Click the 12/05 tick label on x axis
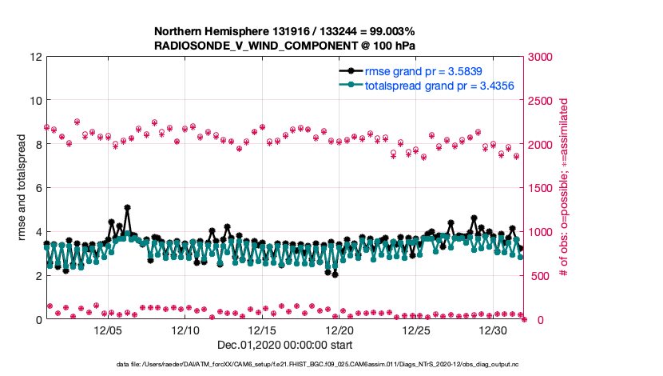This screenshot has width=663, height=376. [x=108, y=330]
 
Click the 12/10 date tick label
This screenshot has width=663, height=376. [x=185, y=330]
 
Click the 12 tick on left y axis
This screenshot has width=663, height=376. [x=37, y=58]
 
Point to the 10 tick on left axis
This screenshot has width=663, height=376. [x=37, y=101]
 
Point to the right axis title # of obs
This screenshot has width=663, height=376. [x=564, y=188]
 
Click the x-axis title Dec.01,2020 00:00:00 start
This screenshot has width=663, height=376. [x=285, y=345]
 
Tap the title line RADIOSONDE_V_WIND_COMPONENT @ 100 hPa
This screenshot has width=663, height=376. [x=284, y=46]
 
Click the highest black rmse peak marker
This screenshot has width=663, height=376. [x=127, y=207]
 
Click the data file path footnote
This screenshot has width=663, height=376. [x=285, y=365]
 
